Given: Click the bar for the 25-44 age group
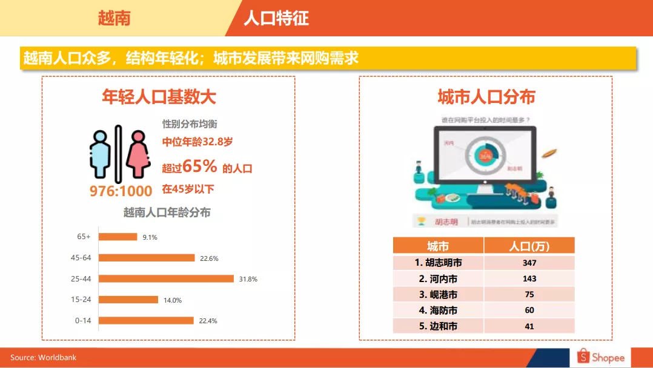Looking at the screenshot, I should pos(166,278).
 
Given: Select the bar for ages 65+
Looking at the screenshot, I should pos(118,237).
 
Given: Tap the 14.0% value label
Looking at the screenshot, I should pos(173,300).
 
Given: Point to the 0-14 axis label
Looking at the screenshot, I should pos(83,321).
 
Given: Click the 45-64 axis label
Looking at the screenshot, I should pos(81,258).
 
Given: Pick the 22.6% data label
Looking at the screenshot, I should pos(209,258).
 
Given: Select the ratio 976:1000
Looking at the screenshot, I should pos(121,191).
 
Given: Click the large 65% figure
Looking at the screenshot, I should pos(199,166).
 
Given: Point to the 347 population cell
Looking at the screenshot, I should pos(529,263).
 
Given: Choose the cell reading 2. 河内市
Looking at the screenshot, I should pos(438,279).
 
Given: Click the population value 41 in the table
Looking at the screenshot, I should pos(529,326).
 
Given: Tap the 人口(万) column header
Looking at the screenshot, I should pos(529,246).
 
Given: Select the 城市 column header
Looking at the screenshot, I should pos(438,246).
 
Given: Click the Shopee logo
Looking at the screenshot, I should pos(601,357).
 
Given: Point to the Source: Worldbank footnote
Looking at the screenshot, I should pos(44,358).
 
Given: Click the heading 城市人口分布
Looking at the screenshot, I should pos(486,97).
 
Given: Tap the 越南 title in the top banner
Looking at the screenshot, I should pos(114,18).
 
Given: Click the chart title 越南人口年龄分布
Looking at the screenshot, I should pos(167,213).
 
